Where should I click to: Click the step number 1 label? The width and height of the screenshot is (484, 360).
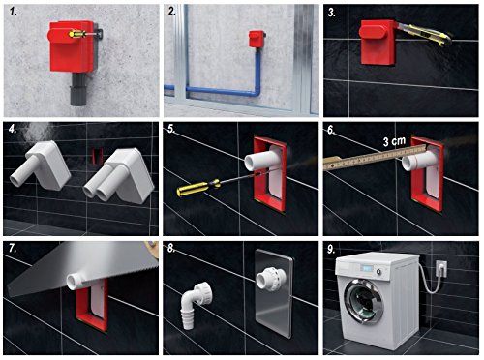(13, 12)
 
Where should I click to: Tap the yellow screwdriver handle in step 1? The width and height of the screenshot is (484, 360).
(77, 34)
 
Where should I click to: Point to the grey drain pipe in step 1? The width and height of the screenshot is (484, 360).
(78, 89)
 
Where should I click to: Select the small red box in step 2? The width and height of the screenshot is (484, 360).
(257, 39)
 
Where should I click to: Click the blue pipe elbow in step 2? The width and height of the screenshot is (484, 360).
(256, 93)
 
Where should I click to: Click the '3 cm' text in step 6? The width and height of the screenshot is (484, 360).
(394, 141)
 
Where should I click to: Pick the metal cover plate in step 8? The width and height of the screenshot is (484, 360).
(274, 287)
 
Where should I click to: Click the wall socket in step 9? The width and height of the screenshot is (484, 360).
(441, 269)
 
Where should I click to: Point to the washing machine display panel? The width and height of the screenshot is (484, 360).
(367, 268)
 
